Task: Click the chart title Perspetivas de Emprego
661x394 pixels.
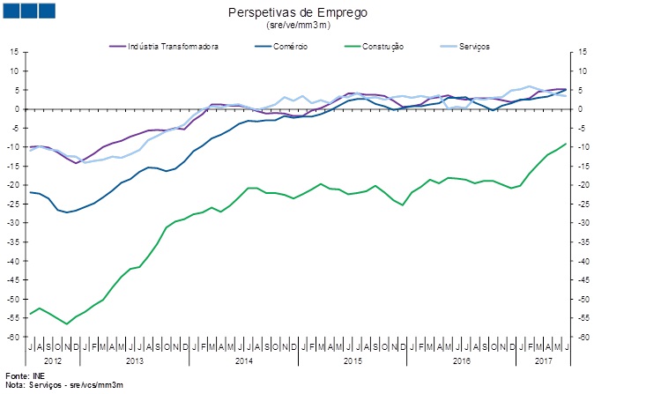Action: (x=298, y=13)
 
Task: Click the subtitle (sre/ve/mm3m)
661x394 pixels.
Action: (x=298, y=26)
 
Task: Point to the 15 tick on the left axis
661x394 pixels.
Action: (x=14, y=52)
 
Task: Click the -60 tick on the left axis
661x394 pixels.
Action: (x=12, y=338)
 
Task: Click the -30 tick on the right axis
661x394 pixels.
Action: (x=583, y=224)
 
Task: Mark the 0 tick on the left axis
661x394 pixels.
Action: (x=16, y=109)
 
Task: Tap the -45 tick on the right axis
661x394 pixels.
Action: (x=583, y=281)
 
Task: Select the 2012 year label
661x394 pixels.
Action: (x=53, y=361)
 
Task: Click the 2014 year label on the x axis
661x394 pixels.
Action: (x=244, y=361)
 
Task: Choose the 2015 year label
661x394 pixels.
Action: (x=353, y=361)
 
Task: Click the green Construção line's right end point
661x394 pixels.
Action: (x=565, y=144)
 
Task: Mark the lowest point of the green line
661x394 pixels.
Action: (x=67, y=323)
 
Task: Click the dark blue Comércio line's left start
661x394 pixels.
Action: (x=31, y=192)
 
